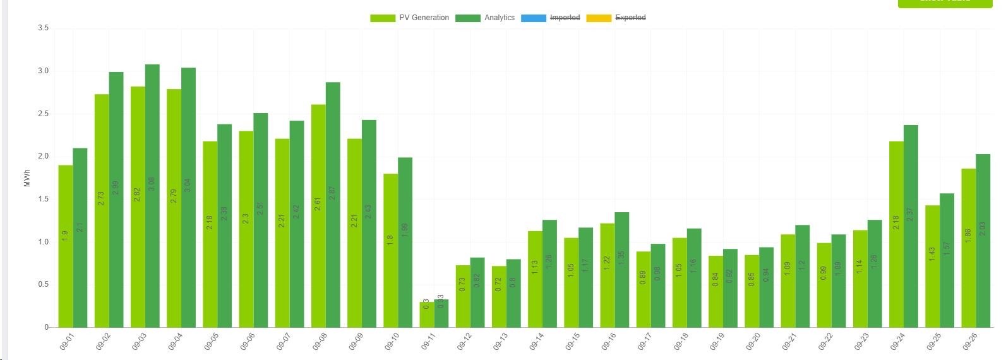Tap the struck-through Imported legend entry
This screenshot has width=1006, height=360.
point(550,18)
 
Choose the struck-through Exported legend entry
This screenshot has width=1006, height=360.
point(616,18)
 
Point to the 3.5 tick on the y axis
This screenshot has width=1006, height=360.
point(43,28)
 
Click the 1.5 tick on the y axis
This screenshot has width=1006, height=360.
point(43,199)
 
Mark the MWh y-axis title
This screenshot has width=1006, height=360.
point(27,177)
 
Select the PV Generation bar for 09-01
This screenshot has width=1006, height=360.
point(66,246)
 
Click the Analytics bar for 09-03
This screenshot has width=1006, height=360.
point(152,196)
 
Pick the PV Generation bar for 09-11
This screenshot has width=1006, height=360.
point(427,315)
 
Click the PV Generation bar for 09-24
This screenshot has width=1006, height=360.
point(896,234)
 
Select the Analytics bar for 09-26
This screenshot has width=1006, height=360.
point(983,240)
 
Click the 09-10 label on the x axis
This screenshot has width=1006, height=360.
point(392,341)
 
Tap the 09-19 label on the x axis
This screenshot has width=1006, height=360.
point(716,341)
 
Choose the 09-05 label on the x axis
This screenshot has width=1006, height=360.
point(211,341)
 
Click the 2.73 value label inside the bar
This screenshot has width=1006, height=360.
point(102,198)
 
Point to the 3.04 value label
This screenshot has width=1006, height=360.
point(188,184)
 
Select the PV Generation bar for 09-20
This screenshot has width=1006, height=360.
point(752,291)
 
